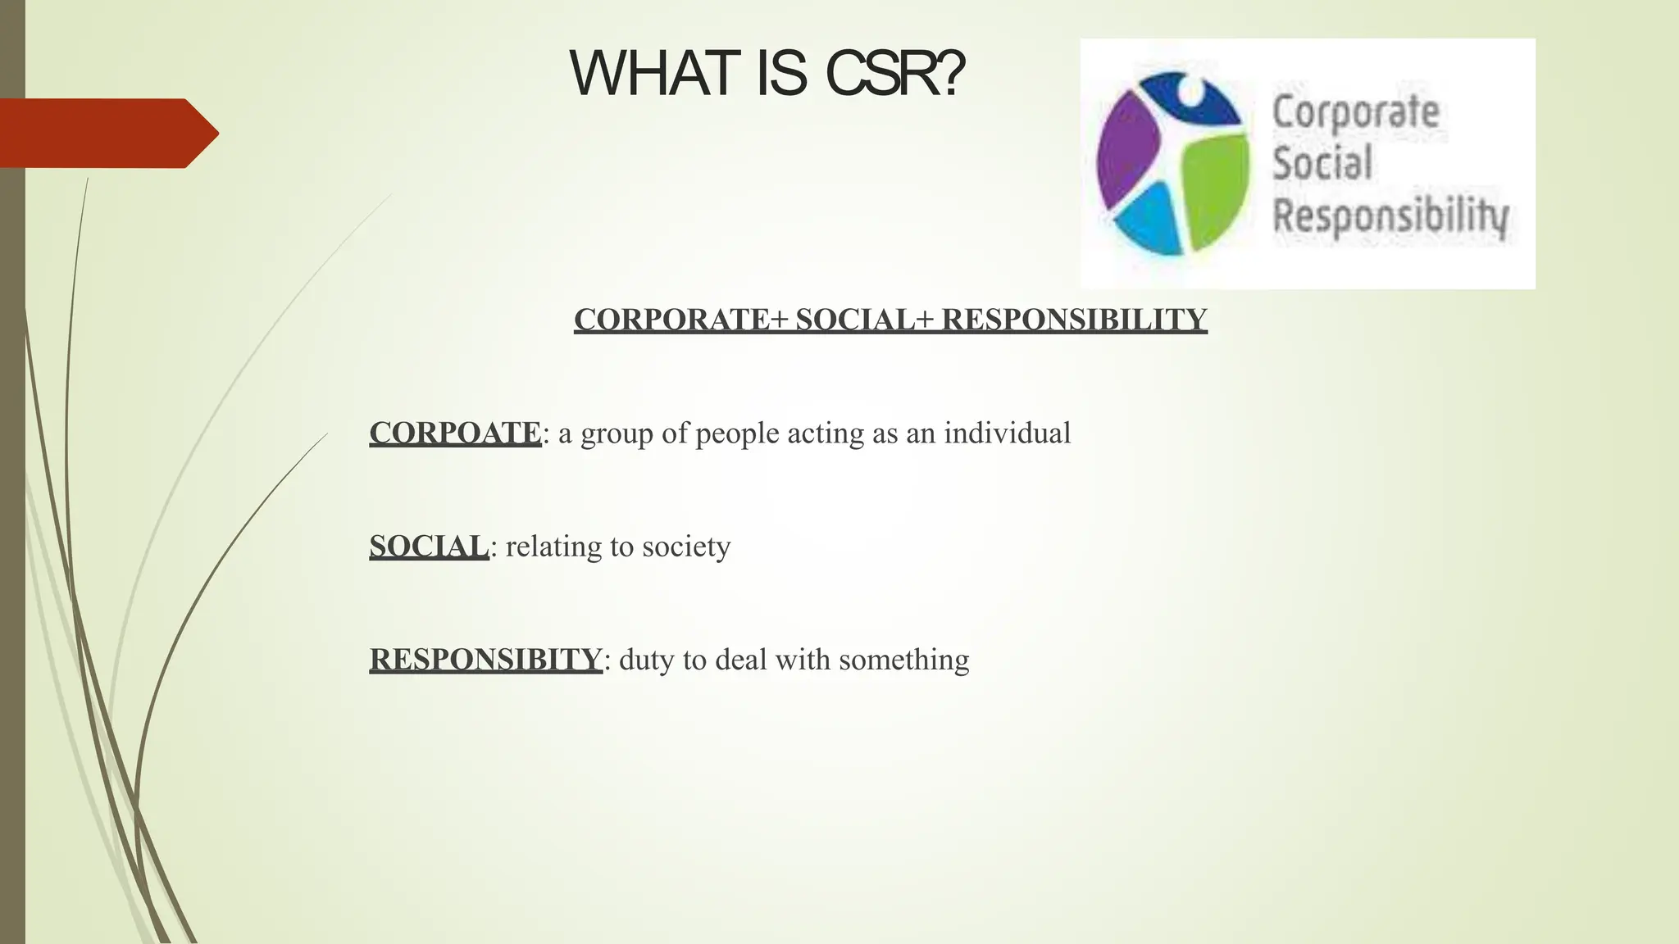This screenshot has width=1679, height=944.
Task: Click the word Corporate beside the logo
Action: [x=1355, y=113]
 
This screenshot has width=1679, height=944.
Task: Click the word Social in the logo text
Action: [x=1322, y=163]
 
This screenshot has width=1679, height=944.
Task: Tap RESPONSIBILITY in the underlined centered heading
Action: [x=1074, y=319]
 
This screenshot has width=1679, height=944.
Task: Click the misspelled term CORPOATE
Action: [x=455, y=433]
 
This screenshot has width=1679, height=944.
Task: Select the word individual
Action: [x=1007, y=433]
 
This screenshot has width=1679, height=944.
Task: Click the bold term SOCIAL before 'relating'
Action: [x=428, y=546]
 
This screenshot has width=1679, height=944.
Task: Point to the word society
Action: [x=686, y=547]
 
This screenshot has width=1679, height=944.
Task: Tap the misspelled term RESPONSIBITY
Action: [x=485, y=659]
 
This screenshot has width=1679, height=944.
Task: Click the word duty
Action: [x=646, y=660]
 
